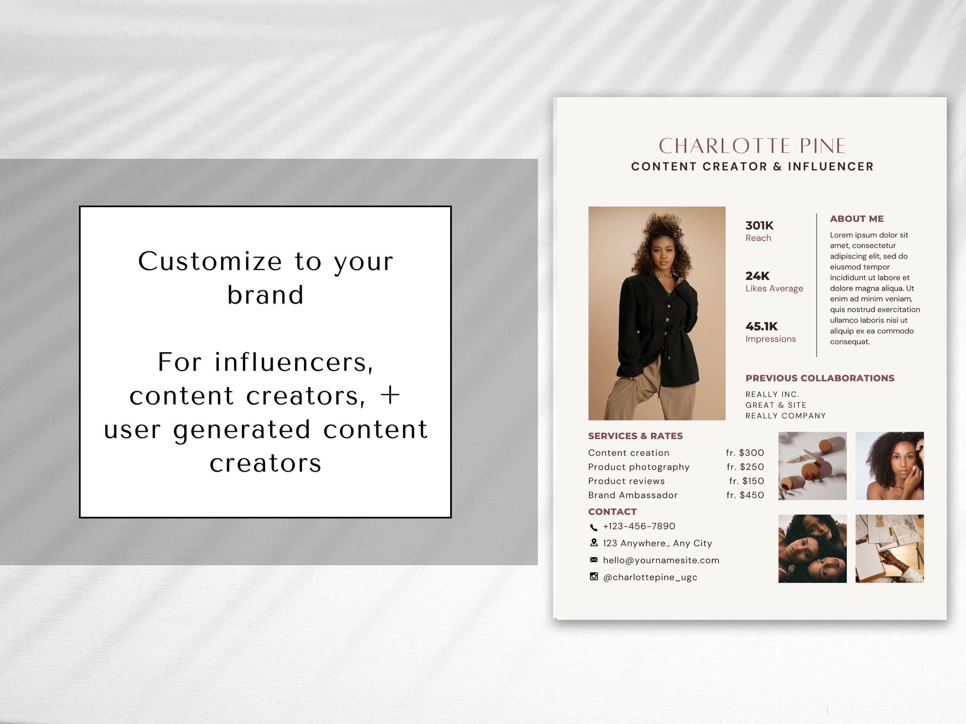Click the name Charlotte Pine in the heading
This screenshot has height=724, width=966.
(x=752, y=146)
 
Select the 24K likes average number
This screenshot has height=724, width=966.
(x=757, y=276)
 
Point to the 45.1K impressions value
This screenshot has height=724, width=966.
(x=761, y=326)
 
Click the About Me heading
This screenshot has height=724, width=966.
(x=857, y=219)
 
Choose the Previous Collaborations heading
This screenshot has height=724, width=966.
(x=820, y=378)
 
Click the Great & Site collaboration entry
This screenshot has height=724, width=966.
(x=776, y=405)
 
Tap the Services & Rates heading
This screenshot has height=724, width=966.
(x=635, y=435)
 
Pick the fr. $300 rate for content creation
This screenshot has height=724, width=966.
(x=745, y=453)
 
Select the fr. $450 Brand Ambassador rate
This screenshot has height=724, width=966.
(x=745, y=495)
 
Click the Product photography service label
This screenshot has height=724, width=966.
(x=639, y=467)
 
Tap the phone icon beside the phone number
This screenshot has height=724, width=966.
(x=594, y=527)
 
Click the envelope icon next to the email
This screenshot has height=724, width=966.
(x=594, y=560)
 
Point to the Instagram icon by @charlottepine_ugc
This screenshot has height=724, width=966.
(x=594, y=576)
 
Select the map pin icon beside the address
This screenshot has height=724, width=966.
(x=594, y=542)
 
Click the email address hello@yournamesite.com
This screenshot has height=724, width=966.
(x=661, y=560)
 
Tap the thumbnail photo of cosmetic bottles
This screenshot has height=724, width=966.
(x=812, y=466)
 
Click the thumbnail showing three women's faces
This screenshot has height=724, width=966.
(x=812, y=548)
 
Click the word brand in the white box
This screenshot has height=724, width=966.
(x=265, y=295)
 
